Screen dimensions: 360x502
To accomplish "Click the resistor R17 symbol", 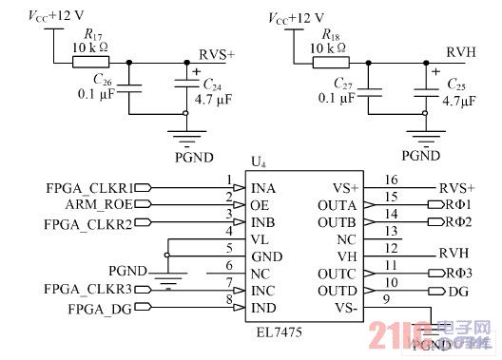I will pos(84,64).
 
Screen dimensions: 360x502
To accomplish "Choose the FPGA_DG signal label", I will pos(99,309).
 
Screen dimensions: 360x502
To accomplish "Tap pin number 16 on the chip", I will pos(390,180).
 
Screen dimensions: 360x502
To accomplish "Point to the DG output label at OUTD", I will pos(456,291).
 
